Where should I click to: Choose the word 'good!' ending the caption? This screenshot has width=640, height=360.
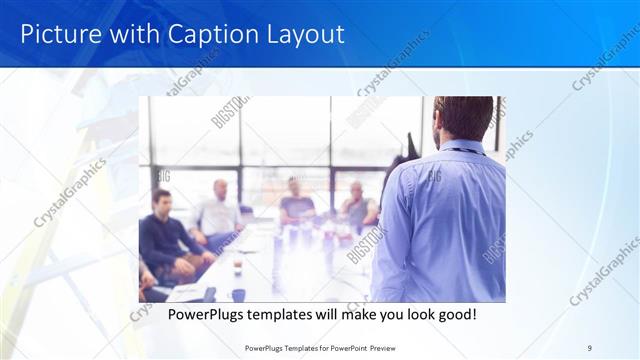coord(454,315)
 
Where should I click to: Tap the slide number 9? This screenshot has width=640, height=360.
coord(590,348)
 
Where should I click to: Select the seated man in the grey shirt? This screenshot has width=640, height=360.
coord(357,205)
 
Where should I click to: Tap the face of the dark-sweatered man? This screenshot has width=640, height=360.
coord(162,203)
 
